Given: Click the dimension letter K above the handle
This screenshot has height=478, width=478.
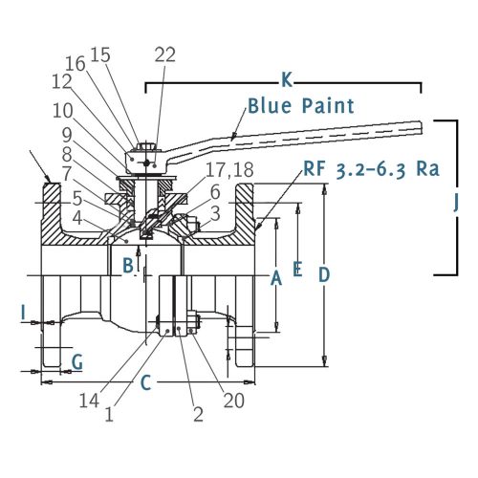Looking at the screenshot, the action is coord(287,79).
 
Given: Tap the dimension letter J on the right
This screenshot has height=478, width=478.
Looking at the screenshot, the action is coord(456,203).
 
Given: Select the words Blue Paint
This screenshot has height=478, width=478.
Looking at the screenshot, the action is coord(301,106).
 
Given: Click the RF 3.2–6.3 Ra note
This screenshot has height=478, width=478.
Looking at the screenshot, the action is coord(371,169).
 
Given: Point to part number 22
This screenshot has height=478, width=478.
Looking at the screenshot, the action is coord(165,54).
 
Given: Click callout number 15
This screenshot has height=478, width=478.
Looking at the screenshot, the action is coord(100,54).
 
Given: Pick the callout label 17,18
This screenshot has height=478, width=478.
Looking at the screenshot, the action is coord(229,170).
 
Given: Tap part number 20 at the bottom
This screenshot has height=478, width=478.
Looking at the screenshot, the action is coord(233,401).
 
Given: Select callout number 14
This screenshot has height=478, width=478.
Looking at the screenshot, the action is coord(89,401).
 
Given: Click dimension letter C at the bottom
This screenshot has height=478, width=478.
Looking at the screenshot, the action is coord(145,382).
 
